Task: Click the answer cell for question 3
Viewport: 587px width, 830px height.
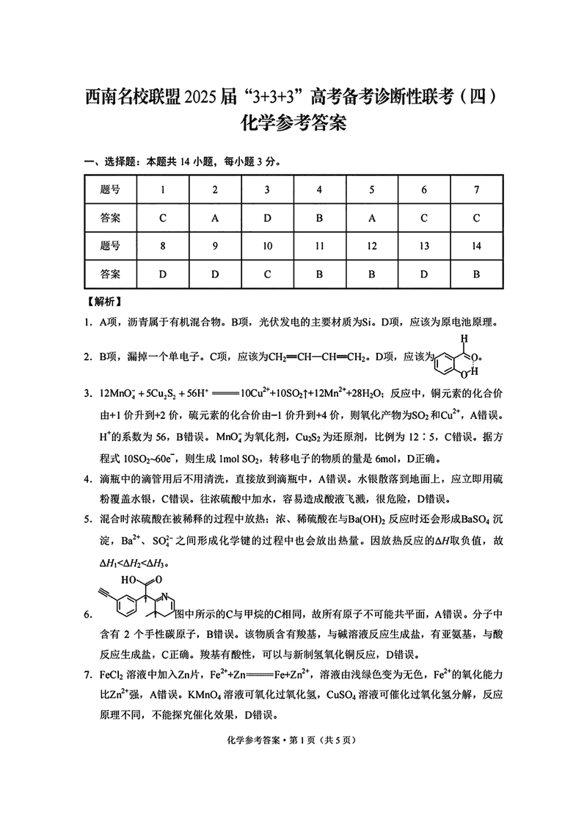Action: click(x=267, y=218)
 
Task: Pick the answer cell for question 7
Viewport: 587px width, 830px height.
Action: click(x=477, y=218)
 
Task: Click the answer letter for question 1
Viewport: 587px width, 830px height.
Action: click(x=162, y=218)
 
